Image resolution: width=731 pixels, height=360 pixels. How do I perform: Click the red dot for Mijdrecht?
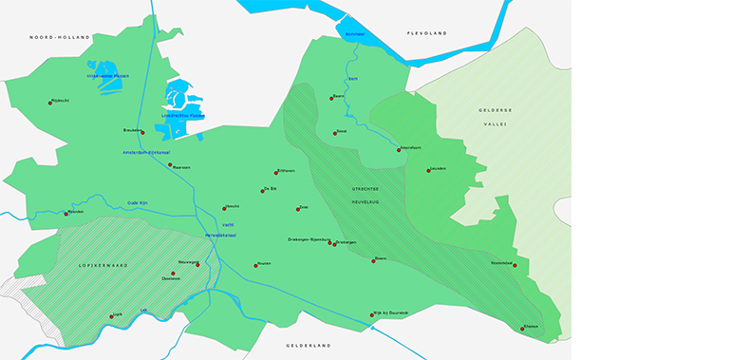tap(50, 103)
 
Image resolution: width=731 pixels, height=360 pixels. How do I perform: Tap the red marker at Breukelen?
tap(142, 132)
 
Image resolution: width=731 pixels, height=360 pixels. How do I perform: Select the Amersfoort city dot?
tap(399, 150)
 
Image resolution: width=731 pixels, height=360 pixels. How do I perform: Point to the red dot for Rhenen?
tap(522, 329)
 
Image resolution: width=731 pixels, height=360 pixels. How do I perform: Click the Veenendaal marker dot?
tap(515, 265)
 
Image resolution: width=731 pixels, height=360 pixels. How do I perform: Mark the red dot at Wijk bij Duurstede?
tap(371, 314)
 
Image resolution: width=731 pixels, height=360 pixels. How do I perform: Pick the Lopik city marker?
tap(112, 316)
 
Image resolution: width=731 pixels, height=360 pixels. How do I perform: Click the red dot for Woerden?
tap(66, 214)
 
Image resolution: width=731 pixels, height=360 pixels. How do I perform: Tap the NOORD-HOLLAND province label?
tap(60, 37)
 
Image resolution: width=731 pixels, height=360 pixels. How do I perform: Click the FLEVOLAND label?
tap(426, 33)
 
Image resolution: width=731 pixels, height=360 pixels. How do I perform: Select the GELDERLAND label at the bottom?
tap(308, 346)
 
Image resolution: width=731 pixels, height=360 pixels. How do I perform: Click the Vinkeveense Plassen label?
tap(107, 76)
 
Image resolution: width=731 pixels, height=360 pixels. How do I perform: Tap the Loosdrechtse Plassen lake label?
tap(182, 116)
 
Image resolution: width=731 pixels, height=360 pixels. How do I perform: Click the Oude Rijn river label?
tap(139, 201)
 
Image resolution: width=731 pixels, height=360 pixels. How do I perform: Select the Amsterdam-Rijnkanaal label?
tap(146, 152)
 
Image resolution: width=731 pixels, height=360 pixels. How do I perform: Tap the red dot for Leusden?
tap(428, 171)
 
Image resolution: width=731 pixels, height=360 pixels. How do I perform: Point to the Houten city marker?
tap(255, 266)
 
